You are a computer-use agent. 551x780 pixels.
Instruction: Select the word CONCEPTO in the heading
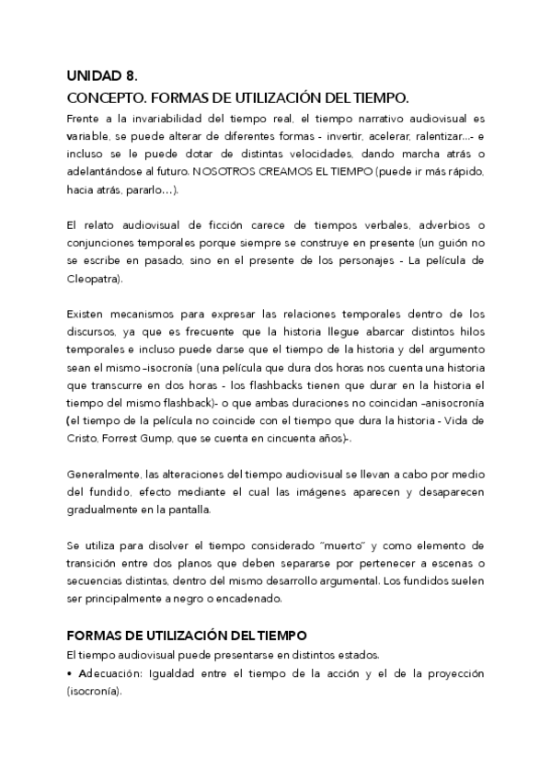click(x=103, y=97)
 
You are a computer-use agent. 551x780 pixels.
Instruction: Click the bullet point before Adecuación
click(x=69, y=673)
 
